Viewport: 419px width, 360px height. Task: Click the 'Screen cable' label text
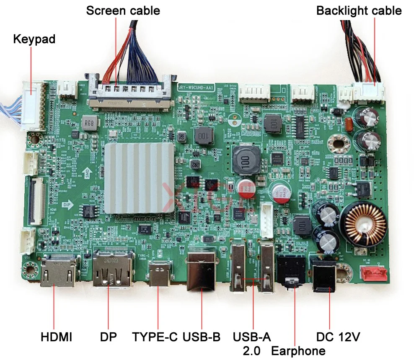pos(123,10)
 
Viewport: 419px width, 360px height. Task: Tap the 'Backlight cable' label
pos(359,10)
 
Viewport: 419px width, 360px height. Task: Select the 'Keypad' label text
pos(34,39)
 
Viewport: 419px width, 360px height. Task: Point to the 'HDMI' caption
pos(57,337)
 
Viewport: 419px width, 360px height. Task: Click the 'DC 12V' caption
pos(338,337)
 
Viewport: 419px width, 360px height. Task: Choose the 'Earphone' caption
pos(298,351)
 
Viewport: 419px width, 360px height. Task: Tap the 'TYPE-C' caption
pos(155,337)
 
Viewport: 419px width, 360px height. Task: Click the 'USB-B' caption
pos(202,337)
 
